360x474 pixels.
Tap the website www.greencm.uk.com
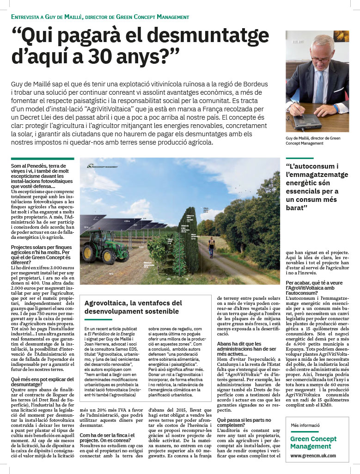[313, 455]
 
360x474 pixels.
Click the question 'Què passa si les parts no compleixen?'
[244, 423]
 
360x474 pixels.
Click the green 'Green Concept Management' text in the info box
[313, 443]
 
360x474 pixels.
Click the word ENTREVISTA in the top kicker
[27, 17]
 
